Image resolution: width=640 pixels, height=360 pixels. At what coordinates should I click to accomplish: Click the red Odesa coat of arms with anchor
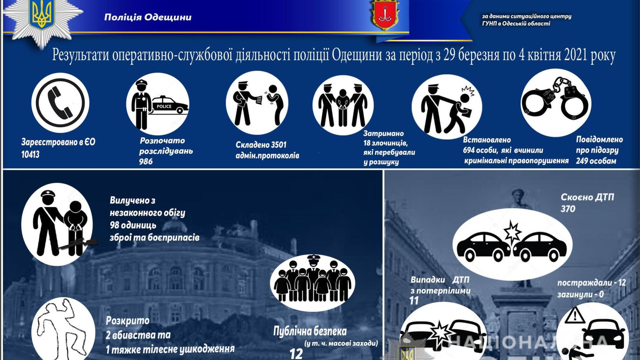click(385, 15)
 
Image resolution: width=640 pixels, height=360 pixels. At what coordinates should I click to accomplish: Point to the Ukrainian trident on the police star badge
click(41, 14)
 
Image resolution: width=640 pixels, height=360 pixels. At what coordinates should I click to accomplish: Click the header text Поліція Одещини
click(148, 17)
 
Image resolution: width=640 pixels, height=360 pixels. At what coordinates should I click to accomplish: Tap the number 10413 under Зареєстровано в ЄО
click(31, 155)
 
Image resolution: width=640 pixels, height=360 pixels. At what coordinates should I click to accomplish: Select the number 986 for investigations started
click(146, 162)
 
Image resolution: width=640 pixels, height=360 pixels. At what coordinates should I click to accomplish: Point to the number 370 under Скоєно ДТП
click(568, 209)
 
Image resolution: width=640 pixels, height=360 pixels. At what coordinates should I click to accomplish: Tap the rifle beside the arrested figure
click(78, 243)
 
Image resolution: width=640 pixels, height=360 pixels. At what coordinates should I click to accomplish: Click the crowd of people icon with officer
click(313, 282)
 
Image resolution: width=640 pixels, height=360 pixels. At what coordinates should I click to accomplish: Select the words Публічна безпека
click(310, 331)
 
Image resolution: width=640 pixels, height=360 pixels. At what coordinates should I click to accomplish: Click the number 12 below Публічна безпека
click(296, 354)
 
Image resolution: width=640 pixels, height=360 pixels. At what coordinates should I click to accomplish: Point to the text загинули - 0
click(580, 294)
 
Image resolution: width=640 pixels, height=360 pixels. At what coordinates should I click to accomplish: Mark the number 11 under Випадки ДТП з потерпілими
click(414, 300)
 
